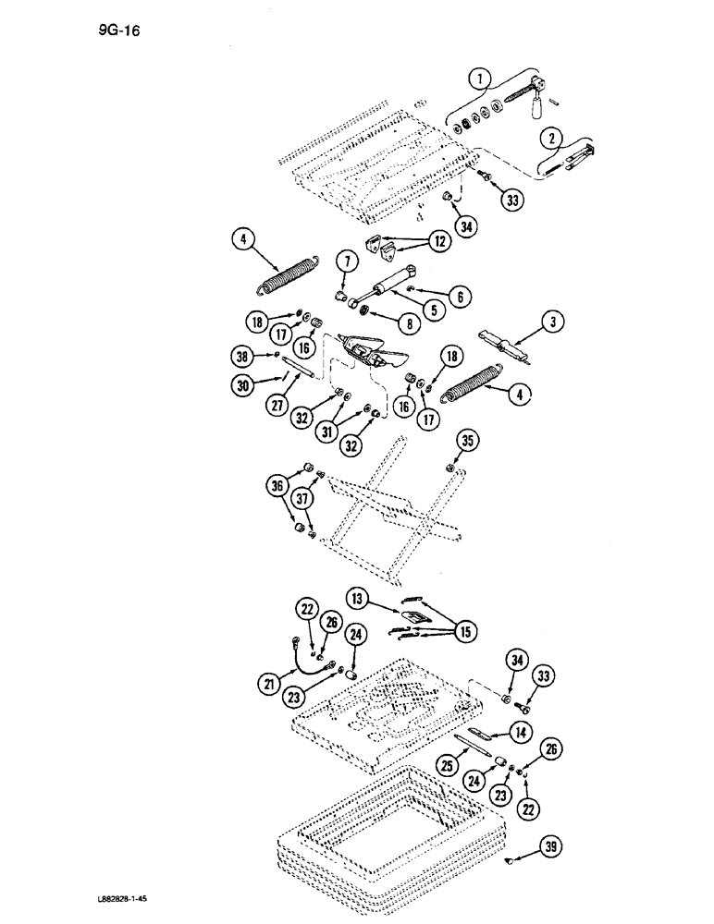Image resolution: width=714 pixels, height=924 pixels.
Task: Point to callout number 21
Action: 269,684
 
